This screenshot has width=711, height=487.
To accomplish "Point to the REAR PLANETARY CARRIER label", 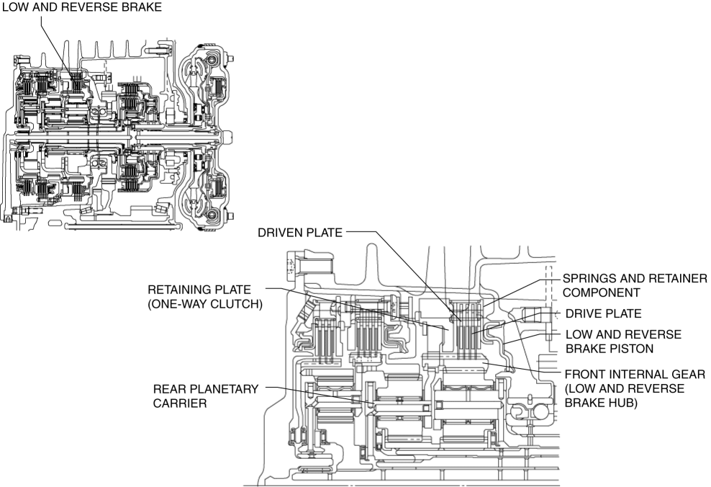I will coord(205,396).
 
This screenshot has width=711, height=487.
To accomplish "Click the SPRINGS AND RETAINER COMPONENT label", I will coord(635,286).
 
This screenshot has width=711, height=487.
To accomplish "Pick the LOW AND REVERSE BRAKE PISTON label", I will coord(624,341).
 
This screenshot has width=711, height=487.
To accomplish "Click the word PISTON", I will coord(635,349).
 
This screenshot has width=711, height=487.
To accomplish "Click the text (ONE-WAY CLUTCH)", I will coord(206,304).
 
